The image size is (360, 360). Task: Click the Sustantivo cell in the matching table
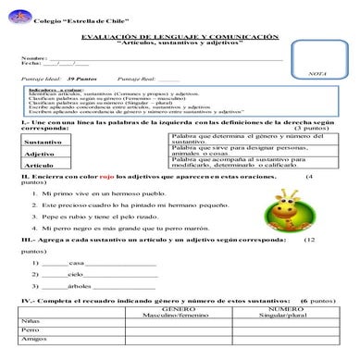[43, 142]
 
